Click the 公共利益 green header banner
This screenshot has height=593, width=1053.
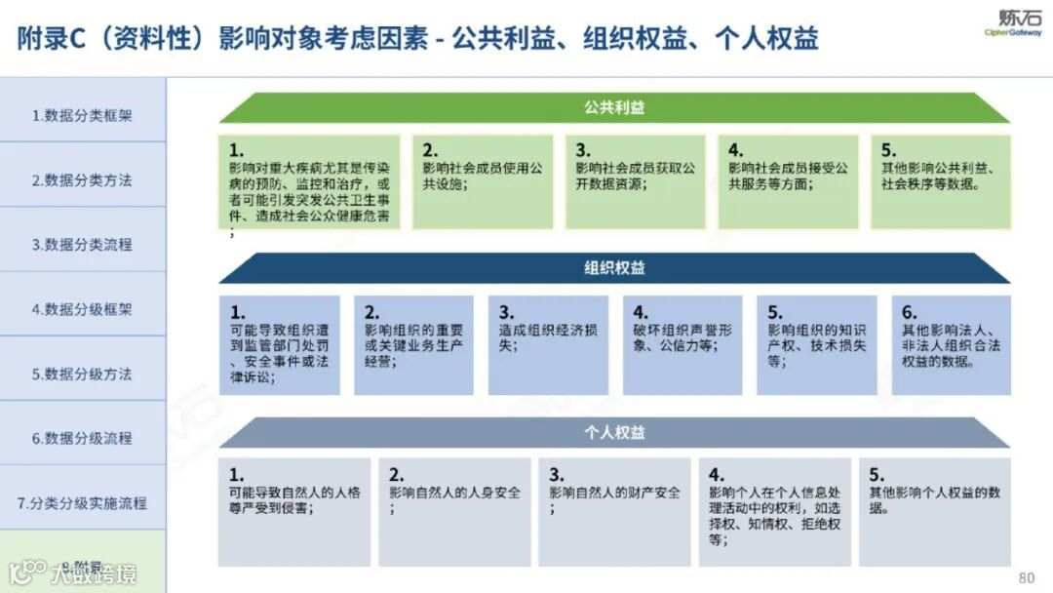click(x=614, y=108)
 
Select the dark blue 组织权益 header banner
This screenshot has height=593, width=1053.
click(x=614, y=268)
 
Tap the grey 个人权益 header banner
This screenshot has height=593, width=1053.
click(x=614, y=431)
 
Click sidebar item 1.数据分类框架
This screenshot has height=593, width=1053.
click(x=82, y=115)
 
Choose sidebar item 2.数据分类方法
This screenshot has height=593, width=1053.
click(x=82, y=179)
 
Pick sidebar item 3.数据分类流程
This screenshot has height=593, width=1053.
click(x=82, y=244)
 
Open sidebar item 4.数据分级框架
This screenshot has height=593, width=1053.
click(x=82, y=309)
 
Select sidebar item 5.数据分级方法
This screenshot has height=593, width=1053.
click(x=82, y=374)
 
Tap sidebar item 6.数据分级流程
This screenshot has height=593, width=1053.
click(x=82, y=438)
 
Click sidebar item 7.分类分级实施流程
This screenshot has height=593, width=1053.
click(x=82, y=503)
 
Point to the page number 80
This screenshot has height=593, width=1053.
click(x=1026, y=576)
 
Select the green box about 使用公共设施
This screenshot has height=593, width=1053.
click(x=483, y=181)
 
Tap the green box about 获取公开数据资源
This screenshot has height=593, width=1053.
click(x=636, y=181)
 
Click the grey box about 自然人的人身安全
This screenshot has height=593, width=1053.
click(x=454, y=512)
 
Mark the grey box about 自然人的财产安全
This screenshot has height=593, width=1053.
click(x=614, y=512)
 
